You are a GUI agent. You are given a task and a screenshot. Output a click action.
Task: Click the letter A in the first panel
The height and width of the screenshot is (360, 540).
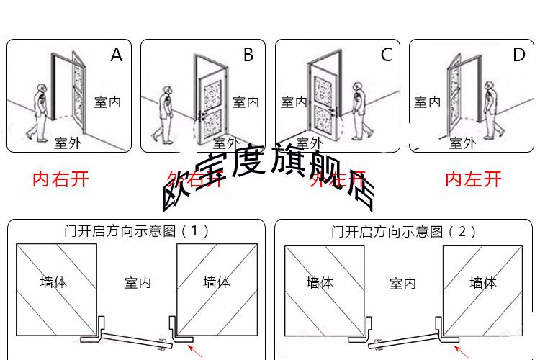click(117, 55)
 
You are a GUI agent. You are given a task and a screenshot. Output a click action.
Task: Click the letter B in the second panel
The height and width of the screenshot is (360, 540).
click(248, 55)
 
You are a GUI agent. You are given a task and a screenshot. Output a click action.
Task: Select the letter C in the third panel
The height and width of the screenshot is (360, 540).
click(386, 55)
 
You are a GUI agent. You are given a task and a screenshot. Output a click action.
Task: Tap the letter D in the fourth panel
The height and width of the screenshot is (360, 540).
click(518, 55)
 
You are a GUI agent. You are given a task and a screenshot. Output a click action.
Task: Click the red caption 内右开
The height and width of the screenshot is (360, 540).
click(60, 179)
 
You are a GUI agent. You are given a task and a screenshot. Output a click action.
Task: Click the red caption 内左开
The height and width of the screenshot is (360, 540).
click(473, 179)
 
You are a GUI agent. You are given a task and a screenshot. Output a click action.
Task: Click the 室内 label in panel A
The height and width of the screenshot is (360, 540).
click(107, 102)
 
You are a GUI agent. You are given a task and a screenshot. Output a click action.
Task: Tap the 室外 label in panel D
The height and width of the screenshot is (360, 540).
click(462, 143)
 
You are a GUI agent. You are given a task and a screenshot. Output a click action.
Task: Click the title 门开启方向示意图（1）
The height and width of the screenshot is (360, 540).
click(137, 231)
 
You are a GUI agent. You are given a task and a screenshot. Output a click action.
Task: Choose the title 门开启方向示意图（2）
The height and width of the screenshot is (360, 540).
click(404, 231)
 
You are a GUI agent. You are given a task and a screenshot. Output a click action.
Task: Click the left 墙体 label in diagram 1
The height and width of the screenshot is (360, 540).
click(53, 282)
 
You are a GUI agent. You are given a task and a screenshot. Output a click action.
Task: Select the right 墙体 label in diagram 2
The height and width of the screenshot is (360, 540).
click(483, 282)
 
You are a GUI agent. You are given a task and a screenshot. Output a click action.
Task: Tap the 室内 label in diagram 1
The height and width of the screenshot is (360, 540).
click(138, 283)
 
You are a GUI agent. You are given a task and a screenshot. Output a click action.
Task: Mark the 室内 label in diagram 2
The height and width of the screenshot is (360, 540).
click(403, 283)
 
